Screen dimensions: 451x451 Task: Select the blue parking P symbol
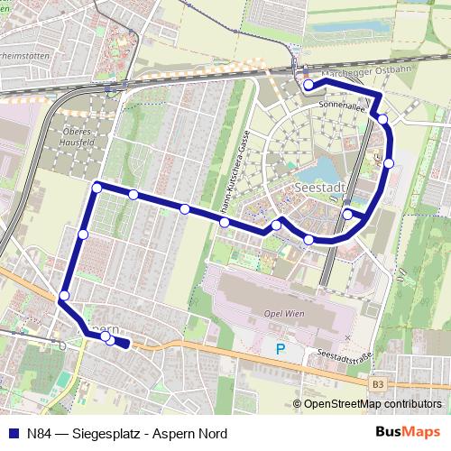(280, 348)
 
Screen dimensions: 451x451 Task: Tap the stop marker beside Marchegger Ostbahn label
(308, 86)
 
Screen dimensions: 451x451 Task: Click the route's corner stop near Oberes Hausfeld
(97, 188)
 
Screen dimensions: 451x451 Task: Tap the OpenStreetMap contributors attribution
(372, 405)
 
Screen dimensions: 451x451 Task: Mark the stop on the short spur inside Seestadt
(348, 214)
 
